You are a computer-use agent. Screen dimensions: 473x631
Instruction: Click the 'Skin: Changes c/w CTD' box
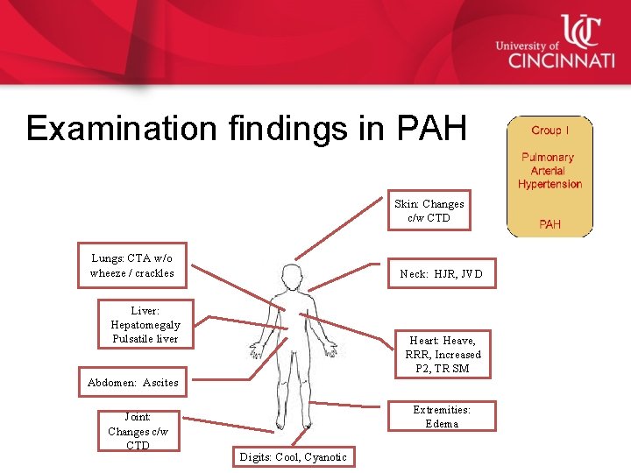coord(429,210)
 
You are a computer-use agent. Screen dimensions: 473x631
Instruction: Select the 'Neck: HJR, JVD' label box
coord(441,273)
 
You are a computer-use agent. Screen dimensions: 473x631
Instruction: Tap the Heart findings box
coord(443,354)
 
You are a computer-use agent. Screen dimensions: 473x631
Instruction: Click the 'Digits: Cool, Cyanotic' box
coord(293,456)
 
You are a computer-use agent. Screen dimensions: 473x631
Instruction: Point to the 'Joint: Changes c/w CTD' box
coord(138,431)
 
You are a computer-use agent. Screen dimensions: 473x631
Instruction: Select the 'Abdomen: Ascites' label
coord(132,382)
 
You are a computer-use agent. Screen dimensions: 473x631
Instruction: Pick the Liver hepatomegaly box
coord(145,324)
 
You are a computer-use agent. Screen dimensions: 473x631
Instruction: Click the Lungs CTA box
coord(131,265)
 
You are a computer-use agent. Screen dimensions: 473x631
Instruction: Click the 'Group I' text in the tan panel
coord(549,131)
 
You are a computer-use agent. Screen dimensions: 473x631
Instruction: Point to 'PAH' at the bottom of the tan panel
coord(549,224)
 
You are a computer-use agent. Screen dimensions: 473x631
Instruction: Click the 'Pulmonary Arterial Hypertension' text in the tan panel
coord(549,171)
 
